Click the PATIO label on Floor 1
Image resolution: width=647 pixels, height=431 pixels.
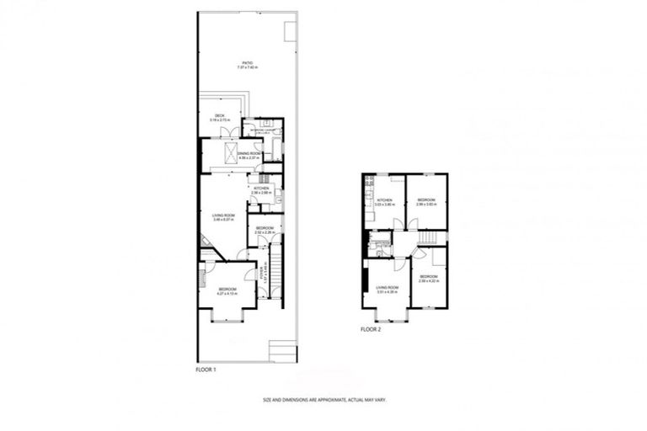[247, 65]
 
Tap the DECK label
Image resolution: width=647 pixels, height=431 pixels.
[219, 119]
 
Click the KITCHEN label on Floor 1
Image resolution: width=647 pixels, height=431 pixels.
[260, 190]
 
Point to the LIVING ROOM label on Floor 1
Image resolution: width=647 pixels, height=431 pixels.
[223, 218]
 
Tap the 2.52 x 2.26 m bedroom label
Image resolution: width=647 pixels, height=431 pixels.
[264, 230]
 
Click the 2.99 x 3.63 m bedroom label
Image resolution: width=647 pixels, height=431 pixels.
[425, 202]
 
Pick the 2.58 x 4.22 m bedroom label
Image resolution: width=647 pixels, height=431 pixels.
[428, 279]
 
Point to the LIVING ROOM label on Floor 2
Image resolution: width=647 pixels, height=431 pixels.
[387, 290]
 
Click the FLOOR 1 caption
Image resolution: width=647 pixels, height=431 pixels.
[206, 369]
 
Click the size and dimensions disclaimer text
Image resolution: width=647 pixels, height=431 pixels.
[324, 401]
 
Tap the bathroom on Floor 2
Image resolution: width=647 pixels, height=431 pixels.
[380, 245]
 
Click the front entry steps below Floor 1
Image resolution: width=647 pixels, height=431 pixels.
[281, 349]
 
